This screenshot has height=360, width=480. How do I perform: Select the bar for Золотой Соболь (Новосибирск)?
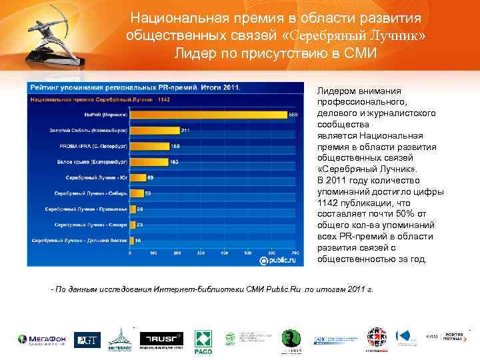(154, 130)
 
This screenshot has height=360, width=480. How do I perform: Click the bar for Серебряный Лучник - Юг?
(137, 177)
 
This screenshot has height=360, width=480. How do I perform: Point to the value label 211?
(186, 130)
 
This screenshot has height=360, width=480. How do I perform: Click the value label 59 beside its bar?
(149, 193)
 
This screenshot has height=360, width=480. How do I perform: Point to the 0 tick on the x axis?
(130, 253)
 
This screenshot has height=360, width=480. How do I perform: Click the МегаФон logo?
(41, 340)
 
